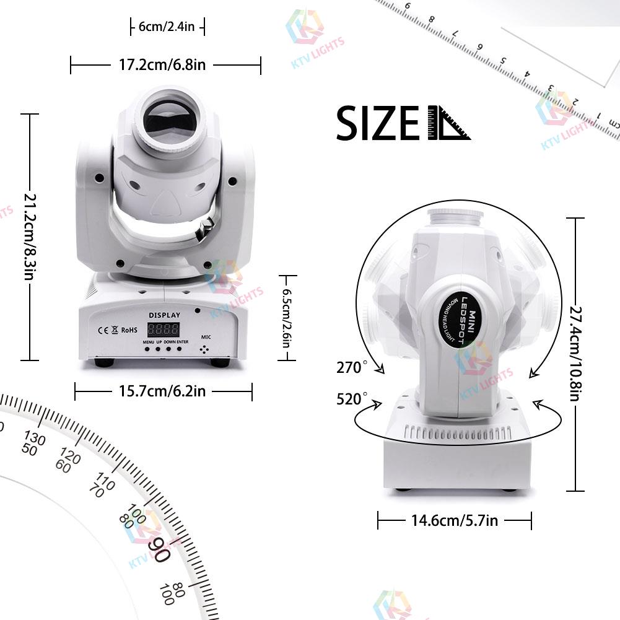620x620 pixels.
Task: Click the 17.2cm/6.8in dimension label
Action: click(165, 65)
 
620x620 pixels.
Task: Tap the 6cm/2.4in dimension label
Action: click(167, 27)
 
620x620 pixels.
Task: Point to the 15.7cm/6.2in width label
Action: click(163, 391)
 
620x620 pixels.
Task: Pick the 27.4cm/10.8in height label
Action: click(575, 354)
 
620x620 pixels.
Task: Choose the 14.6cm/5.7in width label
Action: click(454, 521)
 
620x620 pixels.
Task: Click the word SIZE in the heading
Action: click(378, 123)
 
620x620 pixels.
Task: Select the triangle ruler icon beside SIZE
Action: click(448, 123)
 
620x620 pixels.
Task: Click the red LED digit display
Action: click(163, 330)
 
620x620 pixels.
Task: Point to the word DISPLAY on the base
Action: click(164, 315)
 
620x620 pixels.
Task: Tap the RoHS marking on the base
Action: click(129, 330)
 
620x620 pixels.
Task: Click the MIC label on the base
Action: click(206, 337)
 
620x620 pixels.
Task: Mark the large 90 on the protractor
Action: click(159, 549)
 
